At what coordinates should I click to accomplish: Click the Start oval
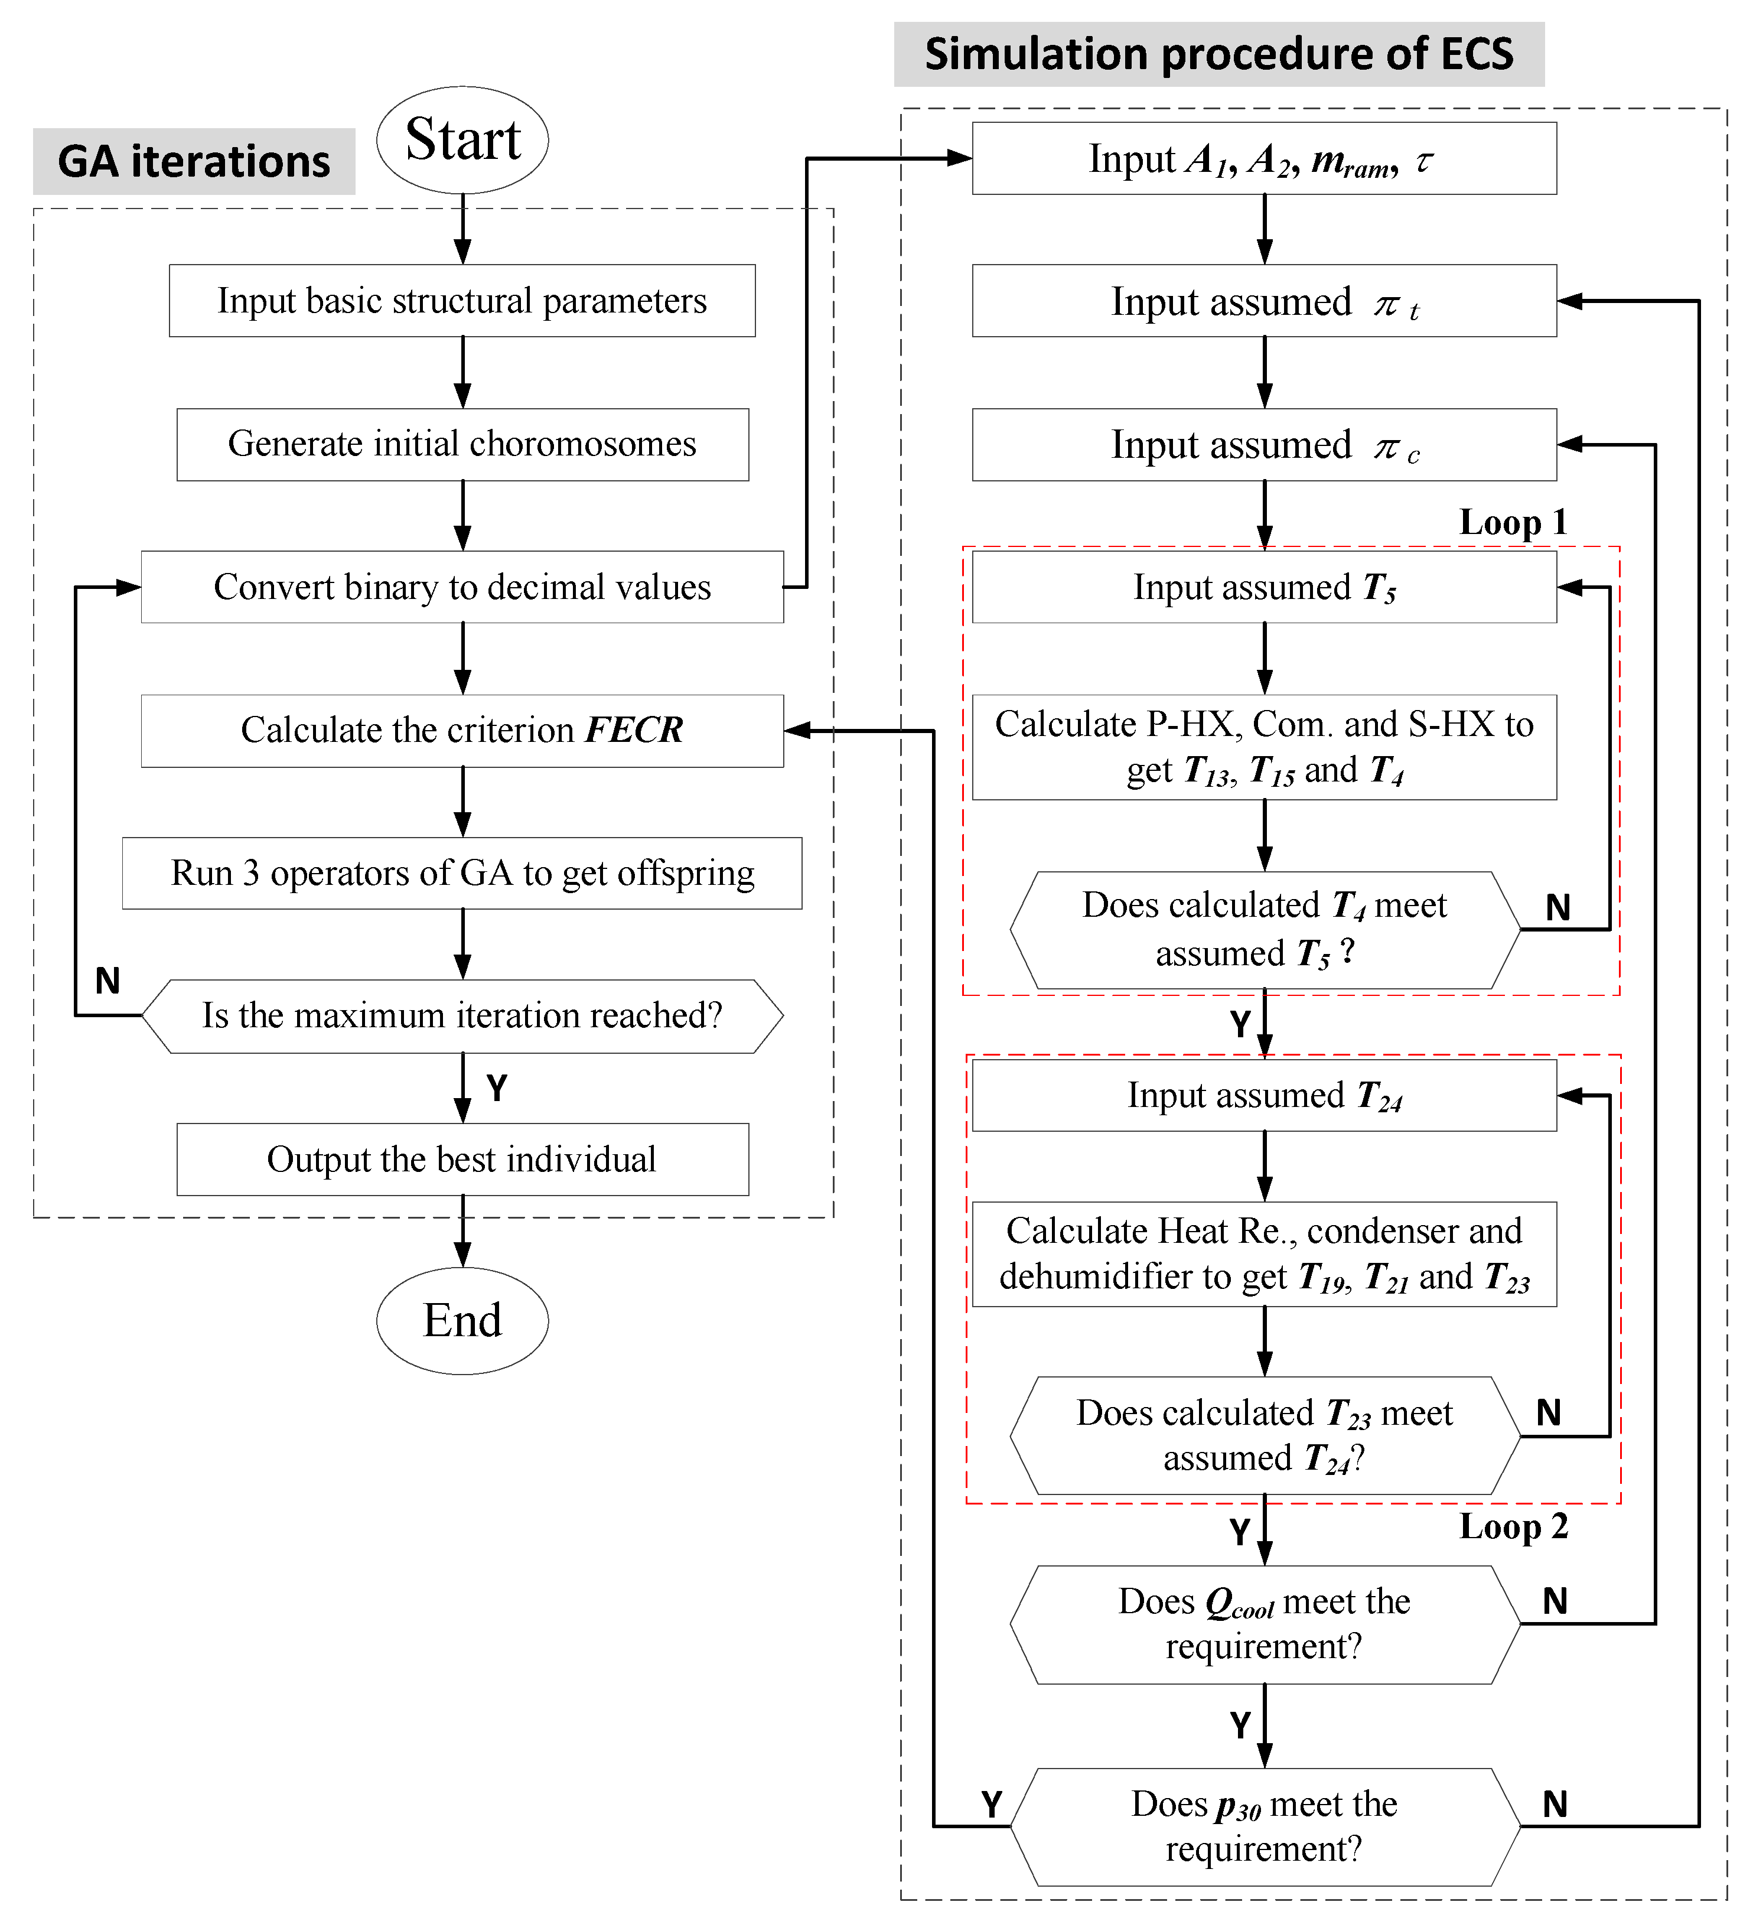point(462,140)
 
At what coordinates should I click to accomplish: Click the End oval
point(462,1321)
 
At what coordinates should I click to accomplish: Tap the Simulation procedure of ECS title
point(1218,54)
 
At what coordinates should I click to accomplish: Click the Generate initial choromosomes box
point(462,444)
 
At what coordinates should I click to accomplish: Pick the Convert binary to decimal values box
point(462,587)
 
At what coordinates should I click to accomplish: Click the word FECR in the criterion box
point(634,730)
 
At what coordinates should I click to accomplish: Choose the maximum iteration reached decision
point(462,1016)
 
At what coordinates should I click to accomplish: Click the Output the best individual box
point(462,1160)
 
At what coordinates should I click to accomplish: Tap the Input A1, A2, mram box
point(1264,159)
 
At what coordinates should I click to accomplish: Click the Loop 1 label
point(1513,522)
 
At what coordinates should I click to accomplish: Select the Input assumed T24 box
point(1264,1096)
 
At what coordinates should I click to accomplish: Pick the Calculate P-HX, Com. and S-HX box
point(1264,747)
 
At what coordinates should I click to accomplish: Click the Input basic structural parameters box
point(462,301)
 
